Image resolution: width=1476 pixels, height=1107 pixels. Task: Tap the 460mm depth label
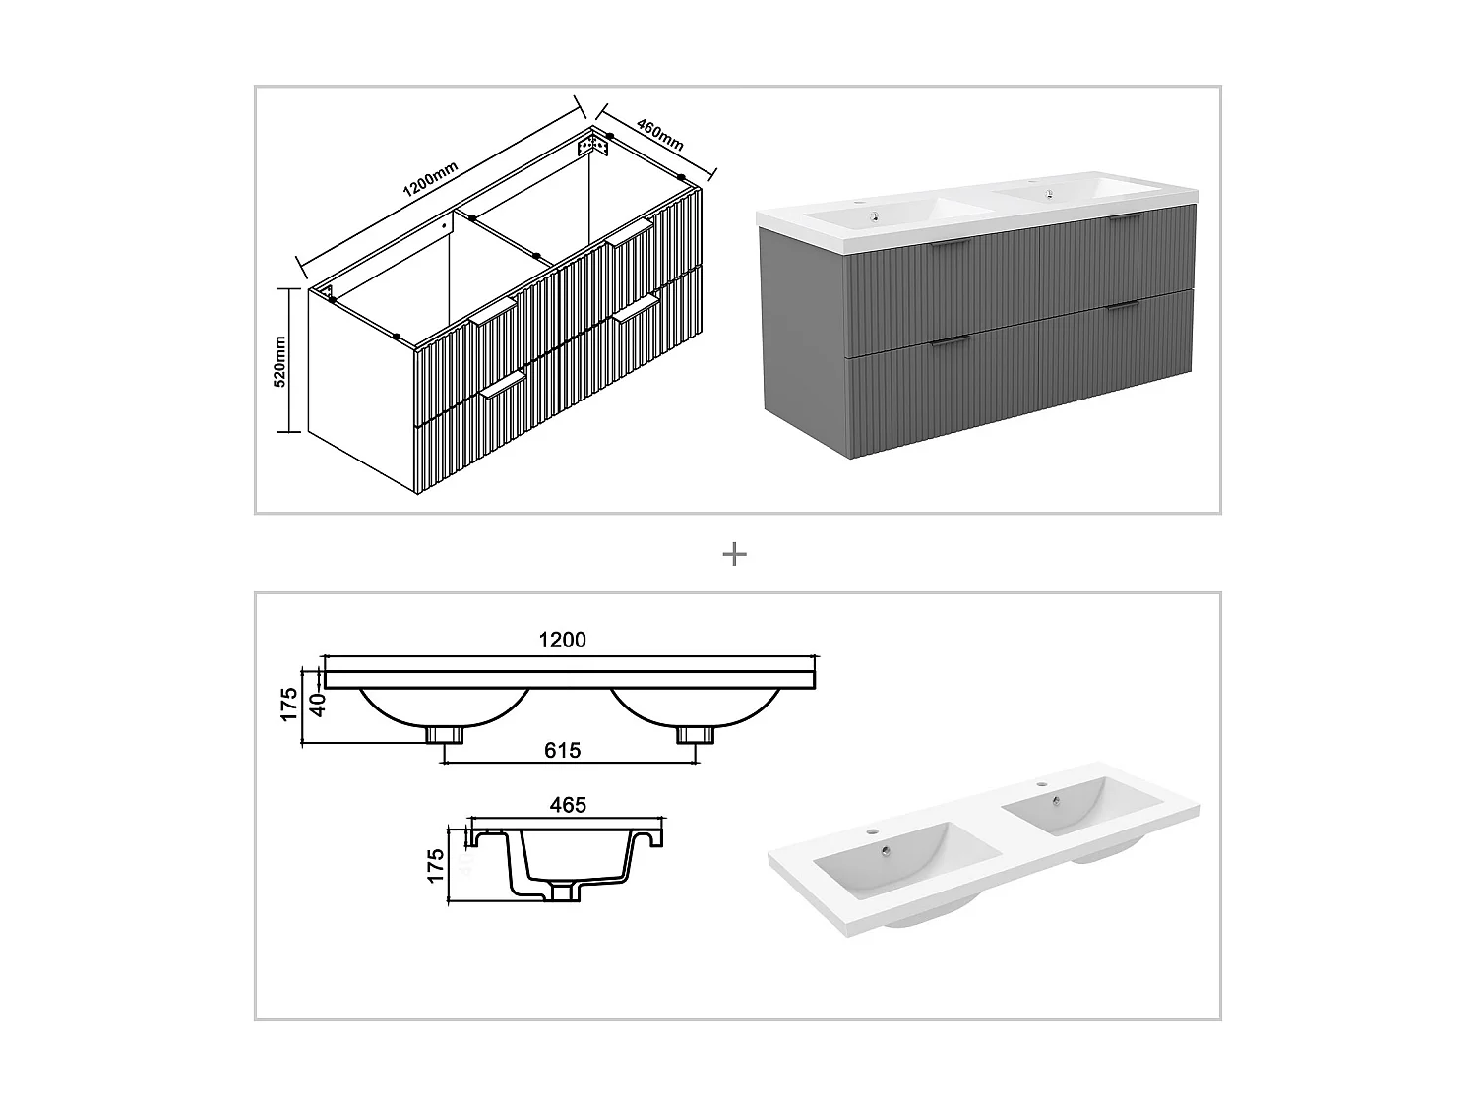coord(659,135)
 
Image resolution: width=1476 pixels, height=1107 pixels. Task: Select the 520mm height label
coord(279,361)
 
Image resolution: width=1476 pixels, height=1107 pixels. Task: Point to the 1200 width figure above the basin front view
coord(562,640)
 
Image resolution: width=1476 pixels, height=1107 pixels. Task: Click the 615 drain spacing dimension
coord(562,750)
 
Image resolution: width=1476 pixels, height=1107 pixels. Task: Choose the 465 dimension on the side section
coord(568,805)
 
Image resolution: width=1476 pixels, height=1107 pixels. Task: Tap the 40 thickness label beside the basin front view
coord(318,706)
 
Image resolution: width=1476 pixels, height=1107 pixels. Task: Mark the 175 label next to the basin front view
coord(289,706)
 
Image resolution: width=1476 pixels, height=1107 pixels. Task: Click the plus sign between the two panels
coord(734,555)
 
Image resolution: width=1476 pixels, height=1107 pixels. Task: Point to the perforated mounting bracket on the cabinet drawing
coord(592,146)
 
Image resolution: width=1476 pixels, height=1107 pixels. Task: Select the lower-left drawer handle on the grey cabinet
coord(949,340)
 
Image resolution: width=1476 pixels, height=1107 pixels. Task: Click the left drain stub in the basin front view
coord(445,734)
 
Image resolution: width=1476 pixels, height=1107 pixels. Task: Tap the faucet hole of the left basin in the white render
coord(871,831)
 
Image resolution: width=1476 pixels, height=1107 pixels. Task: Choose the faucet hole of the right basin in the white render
coord(1039,785)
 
